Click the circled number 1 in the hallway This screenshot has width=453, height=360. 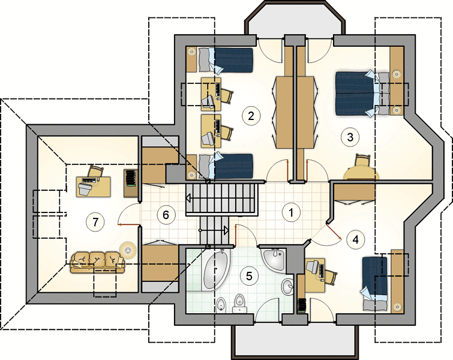(291, 212)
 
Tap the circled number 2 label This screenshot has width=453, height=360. (251, 116)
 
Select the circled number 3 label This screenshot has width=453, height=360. (350, 137)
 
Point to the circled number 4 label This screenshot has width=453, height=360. (356, 239)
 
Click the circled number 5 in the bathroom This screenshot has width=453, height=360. (249, 276)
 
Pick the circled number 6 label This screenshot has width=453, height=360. (166, 215)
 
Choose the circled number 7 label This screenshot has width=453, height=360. (95, 222)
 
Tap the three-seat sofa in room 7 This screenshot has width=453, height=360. (97, 262)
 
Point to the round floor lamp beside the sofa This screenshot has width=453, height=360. (128, 249)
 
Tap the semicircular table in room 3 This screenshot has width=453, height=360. (361, 174)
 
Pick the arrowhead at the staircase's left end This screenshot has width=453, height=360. (188, 199)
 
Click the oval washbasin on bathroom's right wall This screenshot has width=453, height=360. (287, 287)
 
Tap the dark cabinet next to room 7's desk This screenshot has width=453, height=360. (131, 183)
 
